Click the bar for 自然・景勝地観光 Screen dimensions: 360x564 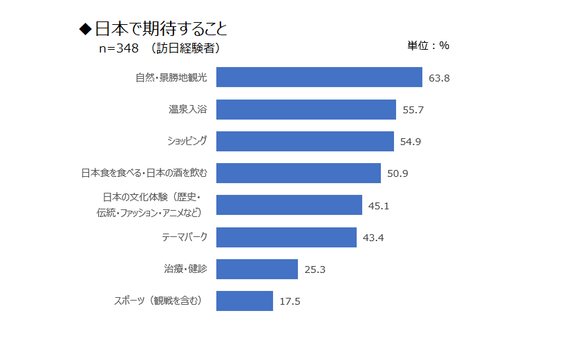[319, 77]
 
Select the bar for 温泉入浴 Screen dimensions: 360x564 [305, 109]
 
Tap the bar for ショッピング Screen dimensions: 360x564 [305, 141]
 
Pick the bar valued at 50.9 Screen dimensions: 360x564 [298, 173]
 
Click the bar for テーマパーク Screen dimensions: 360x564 [286, 237]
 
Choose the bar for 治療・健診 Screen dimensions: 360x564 [256, 269]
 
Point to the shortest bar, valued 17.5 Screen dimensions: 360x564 [244, 301]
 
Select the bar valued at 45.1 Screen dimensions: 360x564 [289, 205]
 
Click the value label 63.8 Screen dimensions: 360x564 [439, 78]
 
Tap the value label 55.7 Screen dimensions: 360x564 [413, 110]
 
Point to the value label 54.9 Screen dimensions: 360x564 [411, 142]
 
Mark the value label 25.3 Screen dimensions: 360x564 [314, 269]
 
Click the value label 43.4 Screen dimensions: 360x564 [373, 238]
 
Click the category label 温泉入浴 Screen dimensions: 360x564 [188, 109]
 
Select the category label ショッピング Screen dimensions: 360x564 [187, 141]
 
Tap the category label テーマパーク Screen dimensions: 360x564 [184, 237]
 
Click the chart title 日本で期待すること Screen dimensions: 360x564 [160, 29]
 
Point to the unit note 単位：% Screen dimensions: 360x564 [428, 46]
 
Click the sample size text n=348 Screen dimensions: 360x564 [120, 48]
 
